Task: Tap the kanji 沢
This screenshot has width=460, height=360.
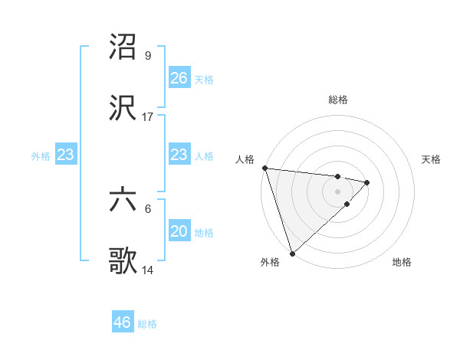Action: (123, 107)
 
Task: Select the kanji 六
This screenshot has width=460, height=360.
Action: (123, 201)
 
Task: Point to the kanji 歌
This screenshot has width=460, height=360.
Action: (123, 261)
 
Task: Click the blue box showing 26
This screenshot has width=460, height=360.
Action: (179, 78)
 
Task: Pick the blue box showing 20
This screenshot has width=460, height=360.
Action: (179, 231)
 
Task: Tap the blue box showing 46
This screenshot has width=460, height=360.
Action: (123, 322)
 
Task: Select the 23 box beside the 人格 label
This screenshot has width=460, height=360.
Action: (179, 155)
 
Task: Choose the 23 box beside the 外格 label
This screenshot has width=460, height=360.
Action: (66, 155)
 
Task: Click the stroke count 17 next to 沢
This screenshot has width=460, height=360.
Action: (148, 117)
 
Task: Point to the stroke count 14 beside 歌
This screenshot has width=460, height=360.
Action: (148, 270)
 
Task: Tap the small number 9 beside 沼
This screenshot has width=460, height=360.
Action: (148, 56)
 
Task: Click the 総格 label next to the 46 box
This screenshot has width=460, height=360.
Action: (147, 324)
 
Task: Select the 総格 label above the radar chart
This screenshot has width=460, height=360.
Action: (337, 100)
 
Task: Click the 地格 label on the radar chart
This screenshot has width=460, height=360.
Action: (402, 262)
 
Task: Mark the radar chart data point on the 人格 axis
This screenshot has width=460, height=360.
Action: (264, 168)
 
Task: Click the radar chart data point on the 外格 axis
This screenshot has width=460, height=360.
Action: (292, 253)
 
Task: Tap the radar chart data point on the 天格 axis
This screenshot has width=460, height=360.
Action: (367, 182)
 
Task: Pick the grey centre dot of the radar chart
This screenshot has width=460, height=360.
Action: (337, 191)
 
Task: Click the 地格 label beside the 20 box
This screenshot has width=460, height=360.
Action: (204, 232)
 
